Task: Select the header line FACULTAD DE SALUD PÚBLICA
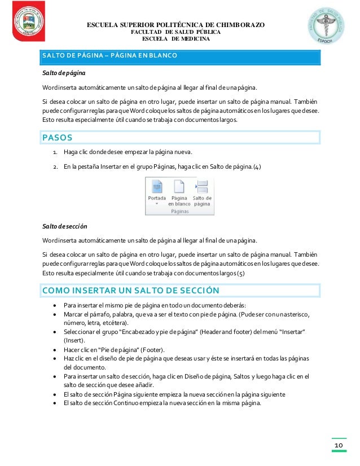[175, 32]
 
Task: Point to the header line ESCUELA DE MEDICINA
[175, 39]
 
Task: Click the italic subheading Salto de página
[62, 73]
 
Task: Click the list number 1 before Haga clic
[54, 153]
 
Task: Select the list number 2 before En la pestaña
[54, 166]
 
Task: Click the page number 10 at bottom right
[339, 446]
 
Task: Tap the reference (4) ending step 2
[257, 166]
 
